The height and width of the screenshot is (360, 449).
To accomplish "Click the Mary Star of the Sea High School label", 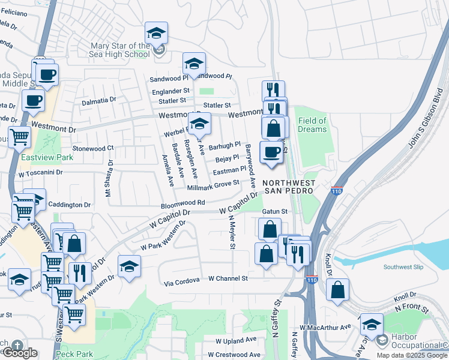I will pyautogui.click(x=119, y=50).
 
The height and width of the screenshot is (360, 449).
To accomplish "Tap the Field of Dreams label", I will pyautogui.click(x=312, y=125).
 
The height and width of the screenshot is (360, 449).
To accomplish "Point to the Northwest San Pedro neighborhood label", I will pyautogui.click(x=288, y=186).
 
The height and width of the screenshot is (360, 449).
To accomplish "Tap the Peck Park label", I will pyautogui.click(x=74, y=355).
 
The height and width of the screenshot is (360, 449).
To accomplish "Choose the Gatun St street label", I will pyautogui.click(x=276, y=211).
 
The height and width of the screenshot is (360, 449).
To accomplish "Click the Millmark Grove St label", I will pyautogui.click(x=213, y=186).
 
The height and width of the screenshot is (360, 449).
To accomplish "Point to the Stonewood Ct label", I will pyautogui.click(x=92, y=148).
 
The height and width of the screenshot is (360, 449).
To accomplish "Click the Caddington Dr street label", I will pyautogui.click(x=69, y=205).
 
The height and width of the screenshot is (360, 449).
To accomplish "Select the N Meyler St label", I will pyautogui.click(x=231, y=234).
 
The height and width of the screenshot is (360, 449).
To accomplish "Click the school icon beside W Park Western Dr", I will pyautogui.click(x=129, y=266).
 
